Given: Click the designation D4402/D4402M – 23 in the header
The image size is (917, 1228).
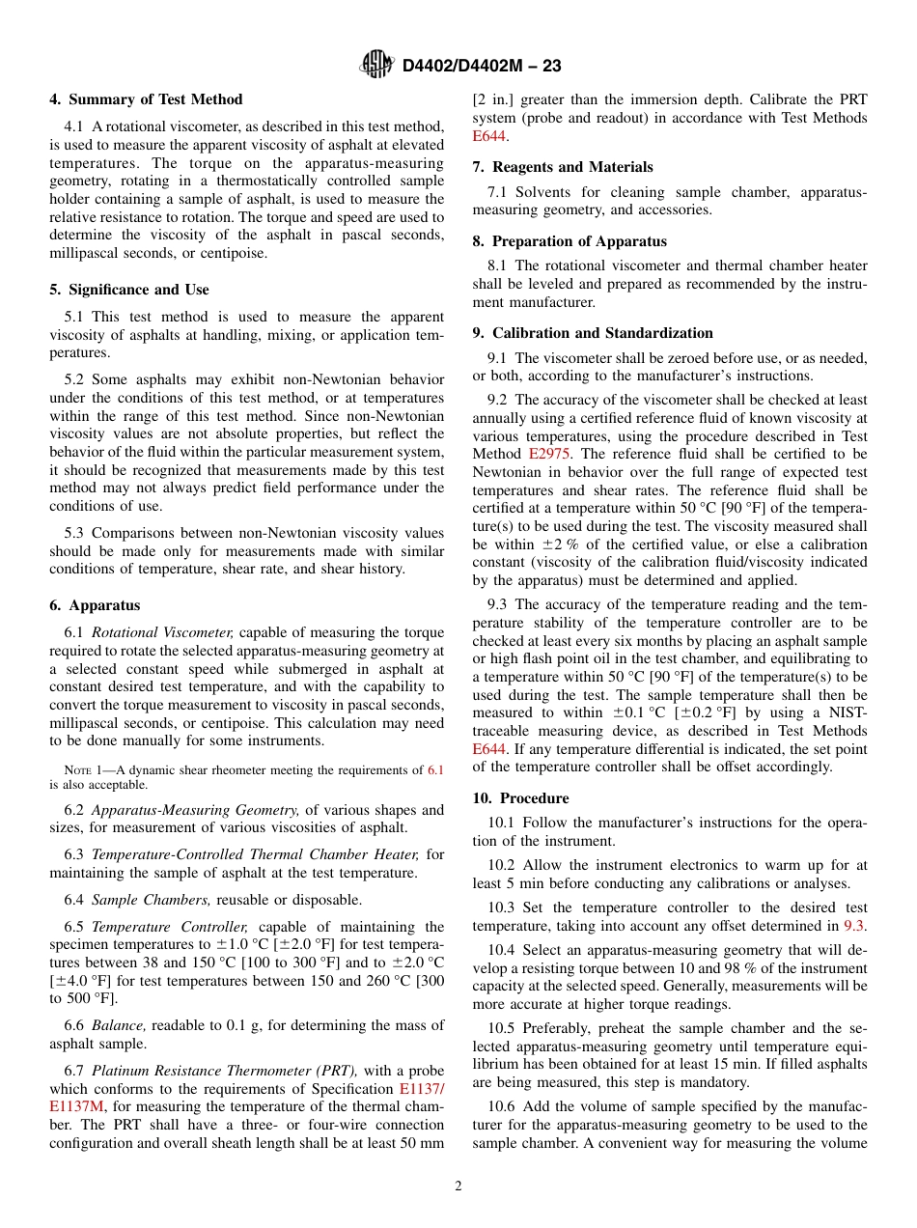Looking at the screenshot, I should [x=482, y=66].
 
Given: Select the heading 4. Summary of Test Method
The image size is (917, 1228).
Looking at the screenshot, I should [x=146, y=99].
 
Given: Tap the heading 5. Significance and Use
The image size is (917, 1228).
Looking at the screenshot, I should [x=128, y=290].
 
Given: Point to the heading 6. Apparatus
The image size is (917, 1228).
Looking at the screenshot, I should [x=95, y=605].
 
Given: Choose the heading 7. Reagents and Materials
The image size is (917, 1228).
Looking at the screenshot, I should [x=563, y=167].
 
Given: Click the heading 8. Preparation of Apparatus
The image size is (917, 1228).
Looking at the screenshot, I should [x=570, y=241].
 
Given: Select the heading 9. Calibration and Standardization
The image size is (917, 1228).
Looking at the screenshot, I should [x=593, y=333].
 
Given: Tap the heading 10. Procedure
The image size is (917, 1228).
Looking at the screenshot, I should [x=520, y=798].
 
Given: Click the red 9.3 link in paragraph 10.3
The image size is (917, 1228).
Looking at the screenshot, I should [x=854, y=925].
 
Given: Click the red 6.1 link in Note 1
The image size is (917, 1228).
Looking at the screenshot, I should [x=435, y=770].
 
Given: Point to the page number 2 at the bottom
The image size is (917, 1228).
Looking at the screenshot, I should [x=458, y=1186].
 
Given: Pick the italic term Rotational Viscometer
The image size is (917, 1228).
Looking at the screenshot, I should [x=163, y=633].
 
